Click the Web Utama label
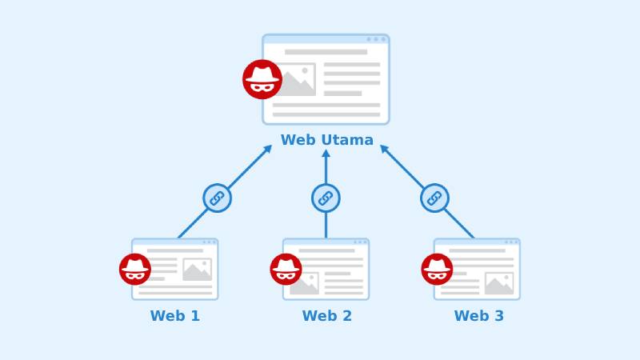click(x=326, y=140)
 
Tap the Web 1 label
click(x=175, y=316)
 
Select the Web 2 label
click(x=326, y=316)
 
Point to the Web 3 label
click(x=478, y=316)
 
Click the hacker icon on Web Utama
click(x=262, y=79)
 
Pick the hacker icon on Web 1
click(x=135, y=269)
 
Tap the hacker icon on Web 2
click(x=286, y=269)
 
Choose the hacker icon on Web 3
click(x=437, y=269)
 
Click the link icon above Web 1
click(x=217, y=198)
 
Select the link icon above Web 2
click(x=326, y=198)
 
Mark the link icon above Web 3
click(x=434, y=198)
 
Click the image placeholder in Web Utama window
click(x=294, y=79)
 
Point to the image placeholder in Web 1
click(x=197, y=270)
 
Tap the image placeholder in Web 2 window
click(x=305, y=283)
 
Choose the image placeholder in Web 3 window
click(x=499, y=283)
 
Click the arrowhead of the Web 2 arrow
click(x=326, y=153)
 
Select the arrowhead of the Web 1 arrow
click(x=268, y=148)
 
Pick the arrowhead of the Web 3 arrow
click(x=384, y=148)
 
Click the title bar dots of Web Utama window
click(x=376, y=39)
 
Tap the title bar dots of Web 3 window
click(x=511, y=242)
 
